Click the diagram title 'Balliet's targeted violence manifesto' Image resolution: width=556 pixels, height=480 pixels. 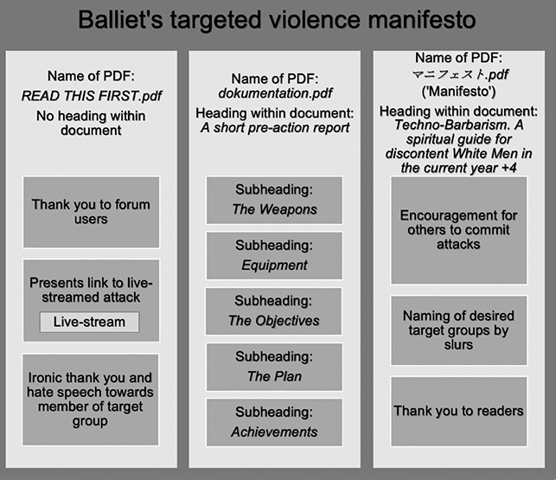[x=277, y=20]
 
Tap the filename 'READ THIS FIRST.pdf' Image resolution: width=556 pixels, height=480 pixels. [x=92, y=96]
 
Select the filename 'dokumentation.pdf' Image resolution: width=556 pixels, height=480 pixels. [x=275, y=93]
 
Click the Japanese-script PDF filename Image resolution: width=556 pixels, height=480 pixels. [x=460, y=74]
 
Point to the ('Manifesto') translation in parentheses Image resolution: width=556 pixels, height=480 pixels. [x=458, y=92]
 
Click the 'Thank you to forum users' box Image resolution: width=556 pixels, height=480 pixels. [x=91, y=212]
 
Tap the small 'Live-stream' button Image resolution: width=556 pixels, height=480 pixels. [x=89, y=322]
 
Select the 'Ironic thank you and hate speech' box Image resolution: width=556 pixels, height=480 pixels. [x=91, y=400]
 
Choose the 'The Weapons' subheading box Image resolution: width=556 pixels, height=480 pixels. [x=274, y=200]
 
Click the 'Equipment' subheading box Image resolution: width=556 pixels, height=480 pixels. [x=274, y=256]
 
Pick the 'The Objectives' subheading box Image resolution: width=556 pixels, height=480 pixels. [x=273, y=311]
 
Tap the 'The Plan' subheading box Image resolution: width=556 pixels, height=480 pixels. [x=274, y=367]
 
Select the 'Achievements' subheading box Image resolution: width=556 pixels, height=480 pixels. [x=274, y=422]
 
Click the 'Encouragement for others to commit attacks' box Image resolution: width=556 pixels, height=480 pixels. [x=459, y=230]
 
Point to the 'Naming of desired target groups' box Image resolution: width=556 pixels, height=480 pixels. [x=459, y=330]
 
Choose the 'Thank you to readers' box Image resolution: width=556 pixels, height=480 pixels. [x=459, y=411]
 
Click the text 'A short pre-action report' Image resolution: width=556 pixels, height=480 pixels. [x=275, y=128]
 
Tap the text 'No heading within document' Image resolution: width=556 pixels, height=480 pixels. [x=91, y=123]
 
